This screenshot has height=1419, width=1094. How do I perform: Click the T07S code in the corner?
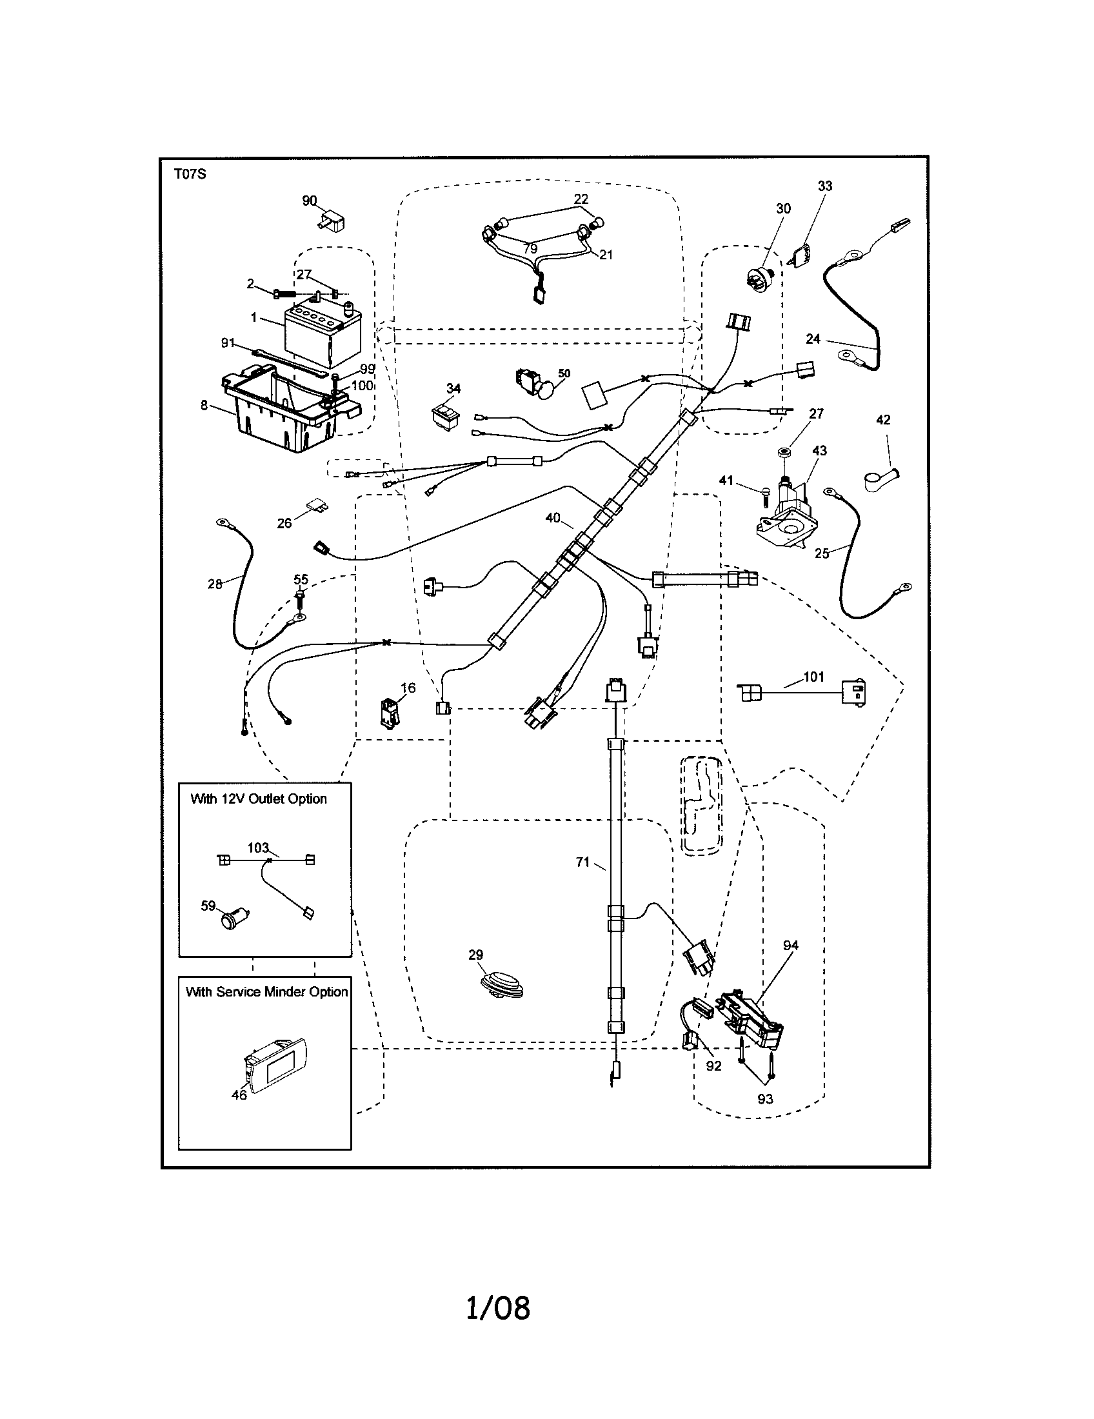pyautogui.click(x=190, y=174)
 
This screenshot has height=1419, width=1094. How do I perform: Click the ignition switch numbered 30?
pyautogui.click(x=759, y=281)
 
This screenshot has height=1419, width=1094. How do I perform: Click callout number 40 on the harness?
pyautogui.click(x=552, y=518)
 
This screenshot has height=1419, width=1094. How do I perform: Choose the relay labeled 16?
pyautogui.click(x=390, y=713)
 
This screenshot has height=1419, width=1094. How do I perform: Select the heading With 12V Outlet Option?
pyautogui.click(x=259, y=799)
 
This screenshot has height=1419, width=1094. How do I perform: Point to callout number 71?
pyautogui.click(x=582, y=862)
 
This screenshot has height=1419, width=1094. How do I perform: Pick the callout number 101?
pyautogui.click(x=813, y=677)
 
